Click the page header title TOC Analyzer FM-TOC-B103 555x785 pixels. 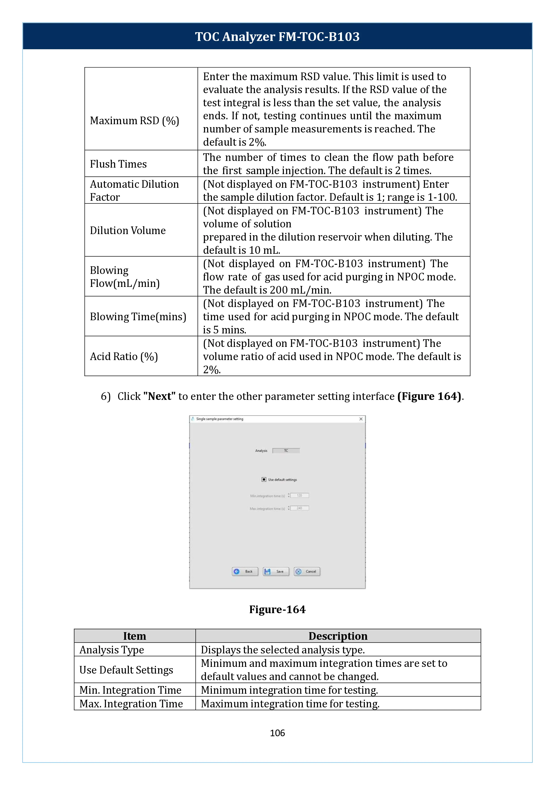pyautogui.click(x=277, y=36)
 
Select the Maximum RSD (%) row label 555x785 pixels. pyautogui.click(x=134, y=121)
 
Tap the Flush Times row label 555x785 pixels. pyautogui.click(x=118, y=164)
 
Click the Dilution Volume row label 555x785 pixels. pyautogui.click(x=128, y=230)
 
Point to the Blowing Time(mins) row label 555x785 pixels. pyautogui.click(x=138, y=317)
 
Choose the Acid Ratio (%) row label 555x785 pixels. pyautogui.click(x=124, y=357)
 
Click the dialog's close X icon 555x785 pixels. pyautogui.click(x=361, y=419)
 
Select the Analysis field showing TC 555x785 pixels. pyautogui.click(x=286, y=451)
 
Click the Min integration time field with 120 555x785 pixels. pyautogui.click(x=299, y=495)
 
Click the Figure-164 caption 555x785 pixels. pyautogui.click(x=277, y=609)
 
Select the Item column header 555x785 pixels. pyautogui.click(x=135, y=636)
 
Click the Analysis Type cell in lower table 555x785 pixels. pyautogui.click(x=112, y=650)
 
